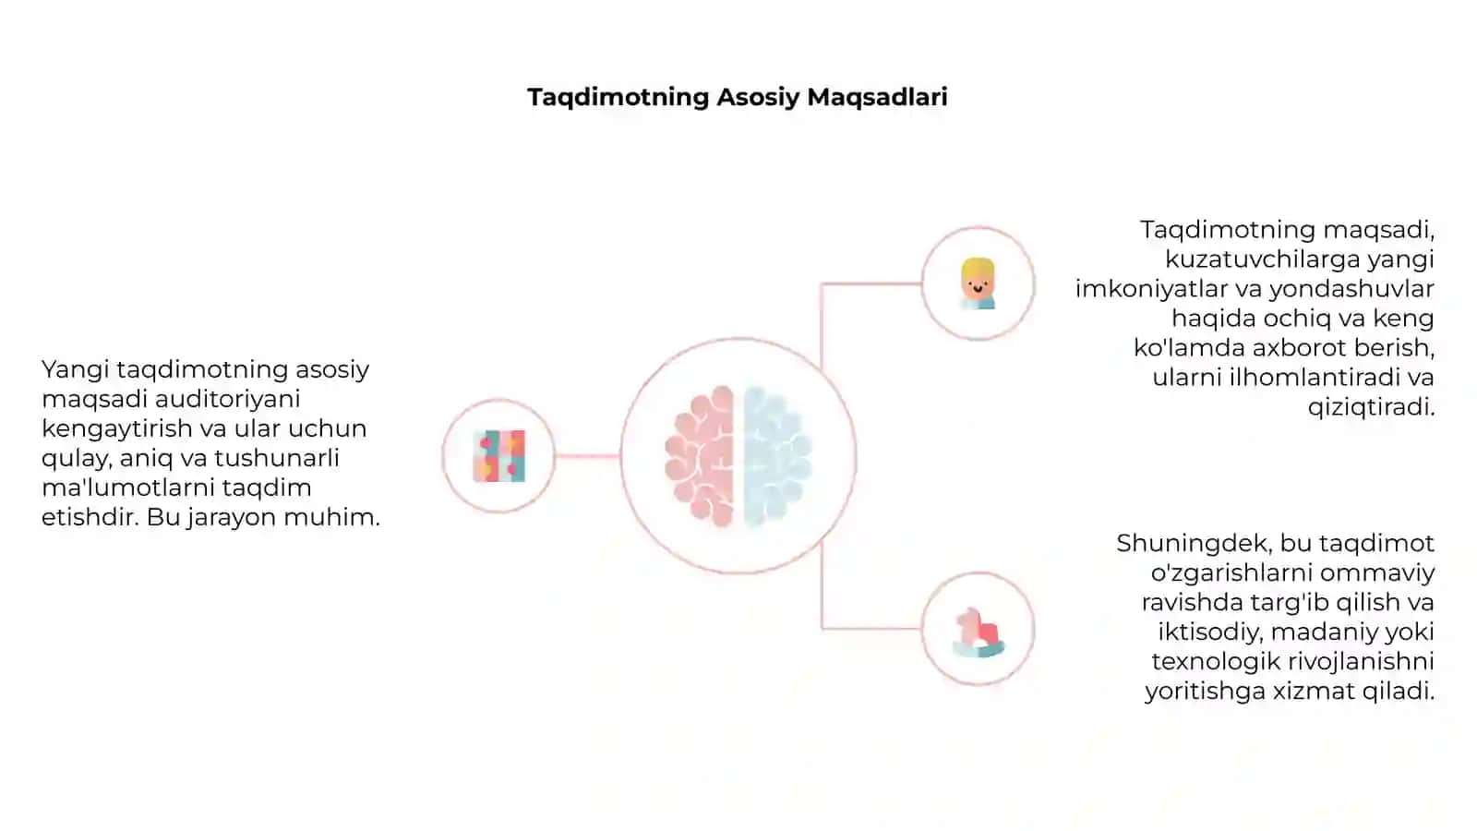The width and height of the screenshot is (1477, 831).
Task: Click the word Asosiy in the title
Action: coord(758,98)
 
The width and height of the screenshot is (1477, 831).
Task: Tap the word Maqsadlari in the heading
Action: coord(878,98)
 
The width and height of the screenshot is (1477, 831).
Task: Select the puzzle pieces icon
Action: coord(499,456)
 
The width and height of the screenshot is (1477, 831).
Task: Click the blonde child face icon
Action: coord(978,283)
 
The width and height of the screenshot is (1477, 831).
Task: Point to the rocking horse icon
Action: coord(979,632)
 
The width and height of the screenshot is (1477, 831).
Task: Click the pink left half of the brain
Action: coord(700,456)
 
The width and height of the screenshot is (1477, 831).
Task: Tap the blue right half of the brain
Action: coord(777,456)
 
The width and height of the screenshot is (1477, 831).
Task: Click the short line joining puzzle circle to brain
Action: coord(587,456)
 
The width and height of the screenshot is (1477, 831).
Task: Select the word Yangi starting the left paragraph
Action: coord(75,370)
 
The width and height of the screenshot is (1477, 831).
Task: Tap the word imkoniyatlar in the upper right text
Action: coord(1151,289)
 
